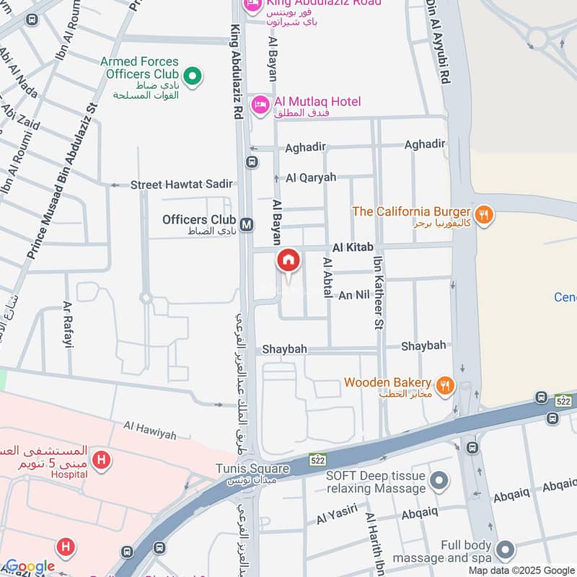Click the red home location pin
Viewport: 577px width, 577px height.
tap(288, 261)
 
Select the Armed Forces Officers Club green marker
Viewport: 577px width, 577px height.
tap(192, 74)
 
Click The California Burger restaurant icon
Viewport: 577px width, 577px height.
tap(483, 213)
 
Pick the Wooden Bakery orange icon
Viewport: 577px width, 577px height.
tap(445, 386)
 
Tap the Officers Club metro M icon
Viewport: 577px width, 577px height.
tap(247, 224)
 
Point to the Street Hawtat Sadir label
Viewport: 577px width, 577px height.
tap(181, 185)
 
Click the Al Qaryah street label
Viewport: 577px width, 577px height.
tap(310, 177)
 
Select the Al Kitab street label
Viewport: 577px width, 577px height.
tap(353, 247)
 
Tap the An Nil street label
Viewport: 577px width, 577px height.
tap(354, 295)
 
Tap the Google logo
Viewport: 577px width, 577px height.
tap(30, 566)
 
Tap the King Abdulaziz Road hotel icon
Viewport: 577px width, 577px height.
tap(252, 7)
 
